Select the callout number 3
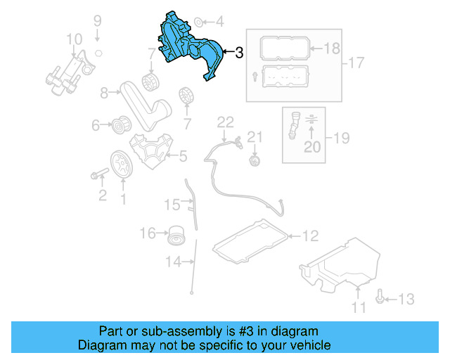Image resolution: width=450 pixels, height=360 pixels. pos(240,52)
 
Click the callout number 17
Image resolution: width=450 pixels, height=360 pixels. pos(356,63)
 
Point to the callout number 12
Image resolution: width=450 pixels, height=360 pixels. pos(311,236)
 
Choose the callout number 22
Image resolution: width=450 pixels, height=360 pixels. pos(224,122)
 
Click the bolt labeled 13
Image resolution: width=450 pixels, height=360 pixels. pos(380,298)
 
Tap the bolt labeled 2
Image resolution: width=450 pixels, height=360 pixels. pos(98,173)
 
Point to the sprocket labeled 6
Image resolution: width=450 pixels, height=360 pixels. pos(119,126)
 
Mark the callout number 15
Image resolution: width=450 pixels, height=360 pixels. pos(172,205)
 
